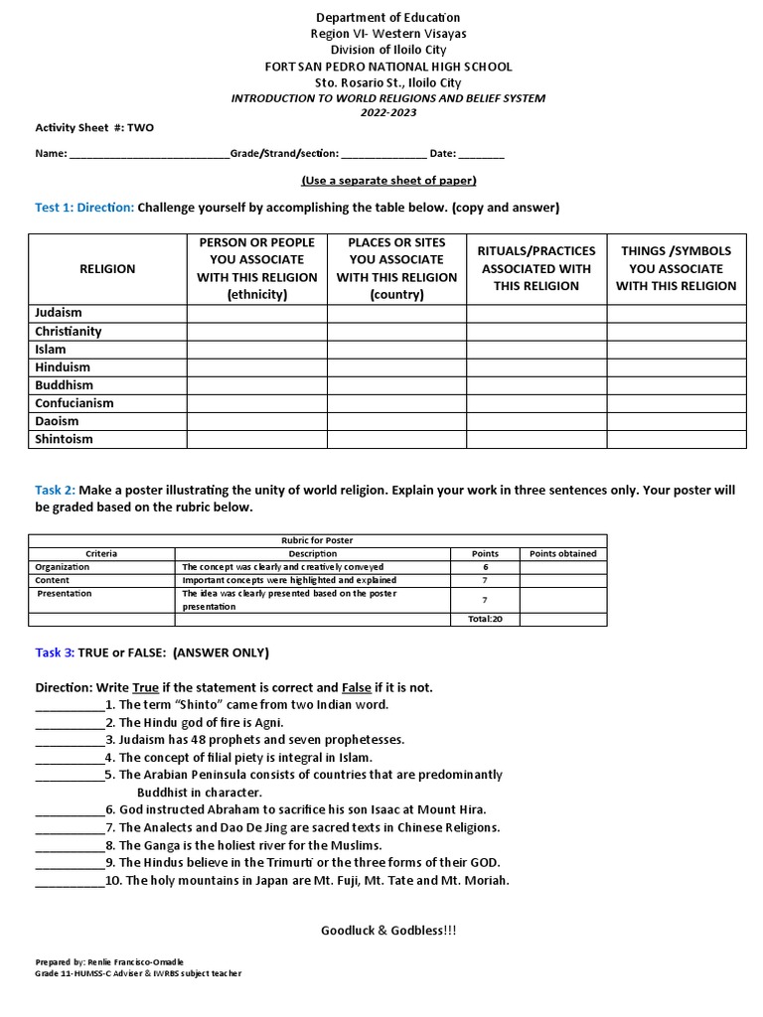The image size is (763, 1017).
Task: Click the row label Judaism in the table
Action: click(59, 313)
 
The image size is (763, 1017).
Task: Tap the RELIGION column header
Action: click(107, 269)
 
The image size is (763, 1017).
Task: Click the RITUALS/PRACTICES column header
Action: click(536, 268)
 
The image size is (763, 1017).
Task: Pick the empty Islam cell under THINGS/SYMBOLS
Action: click(677, 350)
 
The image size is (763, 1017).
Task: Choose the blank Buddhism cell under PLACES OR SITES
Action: click(396, 385)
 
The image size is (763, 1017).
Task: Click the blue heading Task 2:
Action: click(56, 491)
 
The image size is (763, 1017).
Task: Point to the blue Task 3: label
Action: click(56, 653)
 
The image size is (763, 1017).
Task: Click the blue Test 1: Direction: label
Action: click(84, 208)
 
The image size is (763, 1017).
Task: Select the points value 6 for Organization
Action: click(483, 567)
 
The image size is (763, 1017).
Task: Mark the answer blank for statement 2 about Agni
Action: click(70, 723)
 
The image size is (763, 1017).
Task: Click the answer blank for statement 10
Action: click(70, 881)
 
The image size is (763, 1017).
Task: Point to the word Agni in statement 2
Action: click(270, 722)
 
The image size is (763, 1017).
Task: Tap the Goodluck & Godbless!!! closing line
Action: click(388, 930)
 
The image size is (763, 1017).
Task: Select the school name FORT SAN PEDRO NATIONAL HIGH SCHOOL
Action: click(388, 67)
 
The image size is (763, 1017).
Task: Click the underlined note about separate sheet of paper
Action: click(388, 180)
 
